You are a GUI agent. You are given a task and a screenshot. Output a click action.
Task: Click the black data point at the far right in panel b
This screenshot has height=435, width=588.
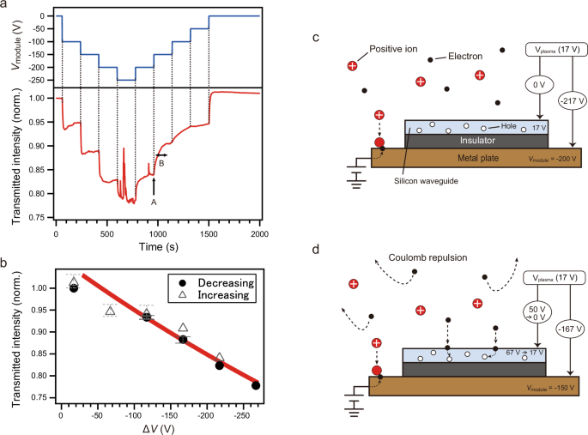point(256,385)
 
